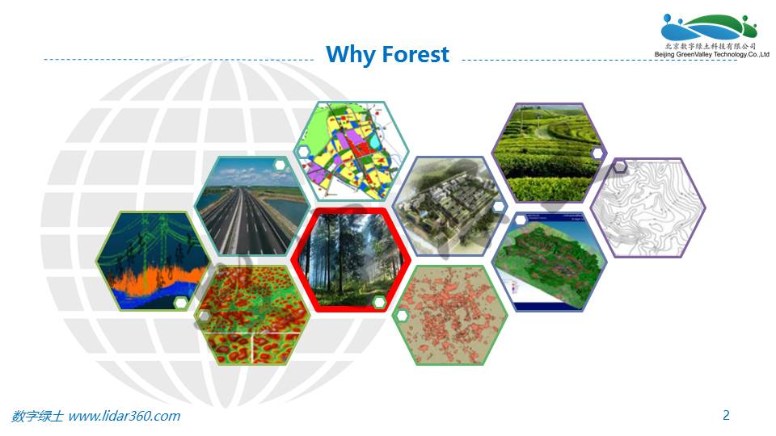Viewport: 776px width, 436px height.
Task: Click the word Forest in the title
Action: [415, 54]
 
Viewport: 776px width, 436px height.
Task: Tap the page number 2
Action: [726, 415]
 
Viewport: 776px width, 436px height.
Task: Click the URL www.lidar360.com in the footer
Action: [124, 416]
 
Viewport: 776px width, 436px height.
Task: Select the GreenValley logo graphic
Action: [709, 27]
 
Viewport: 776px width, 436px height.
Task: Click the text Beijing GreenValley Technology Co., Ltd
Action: [711, 54]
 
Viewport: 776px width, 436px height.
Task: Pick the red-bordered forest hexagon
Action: [351, 260]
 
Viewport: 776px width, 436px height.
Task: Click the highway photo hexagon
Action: [252, 206]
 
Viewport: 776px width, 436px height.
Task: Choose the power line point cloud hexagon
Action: [154, 261]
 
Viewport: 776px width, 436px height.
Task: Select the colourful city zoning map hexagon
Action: [352, 151]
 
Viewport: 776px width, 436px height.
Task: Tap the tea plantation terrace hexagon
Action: [550, 153]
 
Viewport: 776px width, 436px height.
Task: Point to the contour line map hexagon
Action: [648, 208]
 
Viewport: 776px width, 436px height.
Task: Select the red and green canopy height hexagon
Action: [252, 316]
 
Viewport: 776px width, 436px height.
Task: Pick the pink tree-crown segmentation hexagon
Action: [450, 316]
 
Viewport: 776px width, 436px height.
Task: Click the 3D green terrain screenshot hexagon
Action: [550, 262]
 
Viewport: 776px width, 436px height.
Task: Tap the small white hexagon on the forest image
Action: [379, 302]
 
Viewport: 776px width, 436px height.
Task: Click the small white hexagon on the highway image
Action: [280, 165]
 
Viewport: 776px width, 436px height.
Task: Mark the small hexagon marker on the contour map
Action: [620, 166]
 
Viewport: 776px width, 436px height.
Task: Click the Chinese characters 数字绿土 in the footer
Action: [38, 416]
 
